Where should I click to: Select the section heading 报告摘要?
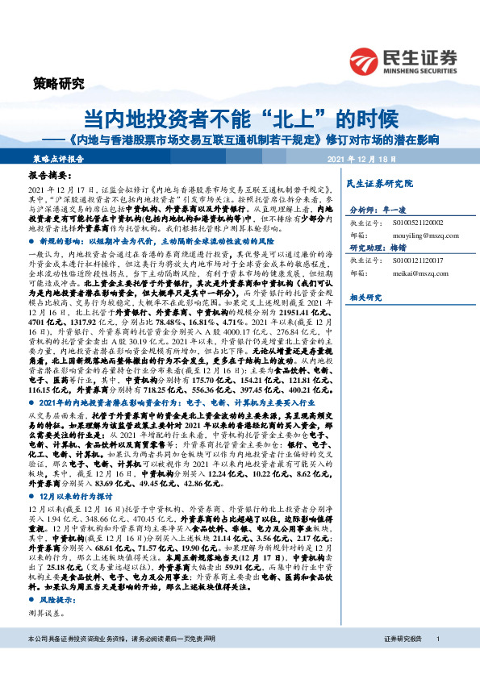click(51, 175)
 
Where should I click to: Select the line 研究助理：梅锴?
click(377, 248)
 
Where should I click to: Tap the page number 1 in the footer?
click(437, 661)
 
